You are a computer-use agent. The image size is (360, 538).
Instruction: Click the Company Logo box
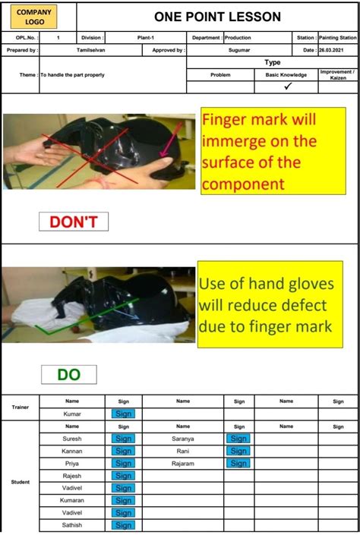(34, 17)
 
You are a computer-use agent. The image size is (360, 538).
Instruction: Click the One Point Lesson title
(217, 17)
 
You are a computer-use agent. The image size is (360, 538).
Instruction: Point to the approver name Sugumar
(239, 50)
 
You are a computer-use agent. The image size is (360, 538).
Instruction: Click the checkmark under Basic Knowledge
(287, 86)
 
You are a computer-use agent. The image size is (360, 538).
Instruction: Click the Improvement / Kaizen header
(337, 75)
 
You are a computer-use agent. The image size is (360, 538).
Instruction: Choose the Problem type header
(220, 75)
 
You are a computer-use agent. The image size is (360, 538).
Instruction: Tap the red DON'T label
(74, 222)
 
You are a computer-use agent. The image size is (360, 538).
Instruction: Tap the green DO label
(69, 374)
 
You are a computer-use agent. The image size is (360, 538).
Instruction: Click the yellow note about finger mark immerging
(273, 151)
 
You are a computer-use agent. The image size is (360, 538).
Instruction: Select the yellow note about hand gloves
(270, 305)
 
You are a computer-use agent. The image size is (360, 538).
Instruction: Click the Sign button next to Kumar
(124, 414)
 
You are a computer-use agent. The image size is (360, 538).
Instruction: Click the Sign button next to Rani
(238, 451)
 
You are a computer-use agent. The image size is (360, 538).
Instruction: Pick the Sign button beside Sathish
(124, 525)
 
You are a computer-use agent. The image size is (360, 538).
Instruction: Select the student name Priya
(71, 463)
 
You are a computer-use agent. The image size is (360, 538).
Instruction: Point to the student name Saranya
(183, 439)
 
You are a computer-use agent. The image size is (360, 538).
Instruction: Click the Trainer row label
(20, 407)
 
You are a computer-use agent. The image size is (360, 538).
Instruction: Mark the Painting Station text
(337, 37)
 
